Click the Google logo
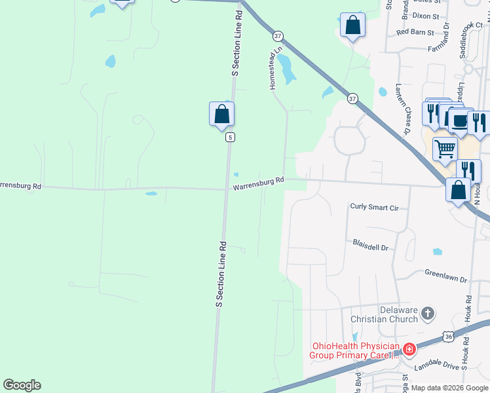click(22, 385)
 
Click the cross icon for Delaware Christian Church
click(428, 314)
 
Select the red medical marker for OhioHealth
click(409, 350)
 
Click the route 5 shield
click(230, 137)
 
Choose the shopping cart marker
click(445, 148)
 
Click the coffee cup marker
click(459, 121)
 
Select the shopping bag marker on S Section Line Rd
click(222, 114)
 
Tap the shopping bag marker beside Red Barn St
click(352, 26)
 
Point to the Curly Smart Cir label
click(375, 207)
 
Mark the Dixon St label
click(426, 15)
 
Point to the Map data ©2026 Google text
click(449, 388)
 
